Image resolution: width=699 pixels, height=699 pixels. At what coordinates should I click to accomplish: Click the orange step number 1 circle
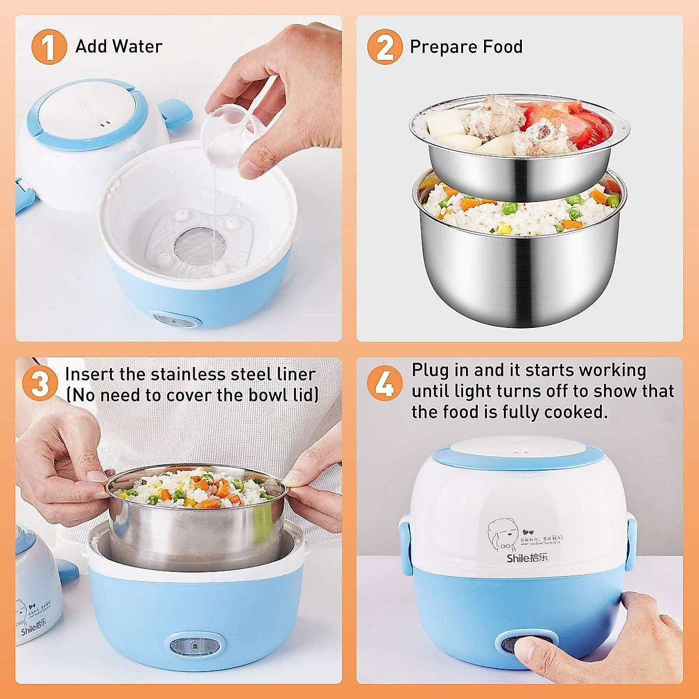(49, 47)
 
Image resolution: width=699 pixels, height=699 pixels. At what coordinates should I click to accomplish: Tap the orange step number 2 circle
(384, 47)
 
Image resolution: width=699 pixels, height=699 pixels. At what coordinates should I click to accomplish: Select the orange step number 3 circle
(40, 384)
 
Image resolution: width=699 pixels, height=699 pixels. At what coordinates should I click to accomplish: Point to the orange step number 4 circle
(384, 384)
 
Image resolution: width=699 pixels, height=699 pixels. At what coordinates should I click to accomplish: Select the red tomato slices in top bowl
(568, 122)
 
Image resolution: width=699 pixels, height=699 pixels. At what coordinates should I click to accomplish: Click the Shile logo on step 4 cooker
(527, 558)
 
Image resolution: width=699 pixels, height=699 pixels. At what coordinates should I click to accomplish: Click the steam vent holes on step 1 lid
(105, 123)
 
